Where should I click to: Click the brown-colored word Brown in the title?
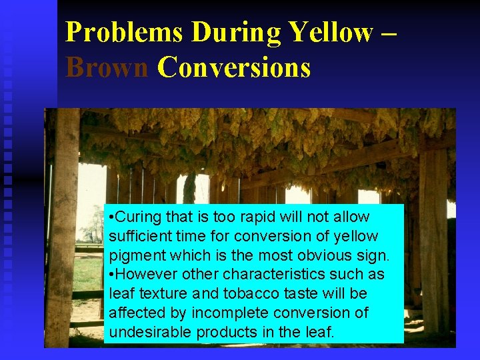point(107,67)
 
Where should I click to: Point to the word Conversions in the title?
point(234,67)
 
